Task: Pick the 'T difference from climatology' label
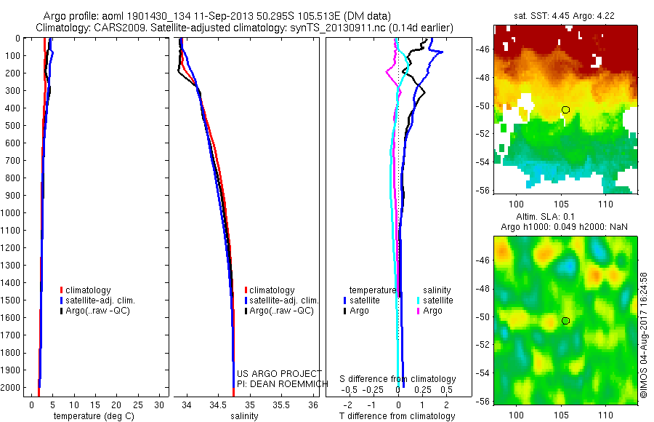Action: coord(398,416)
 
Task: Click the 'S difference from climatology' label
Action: coord(398,379)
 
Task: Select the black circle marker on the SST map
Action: coord(565,110)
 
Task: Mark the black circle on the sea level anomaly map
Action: coord(565,321)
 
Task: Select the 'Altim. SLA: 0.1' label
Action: coord(565,218)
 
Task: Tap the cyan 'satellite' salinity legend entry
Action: coord(437,300)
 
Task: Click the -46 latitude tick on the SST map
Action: coord(484,49)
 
